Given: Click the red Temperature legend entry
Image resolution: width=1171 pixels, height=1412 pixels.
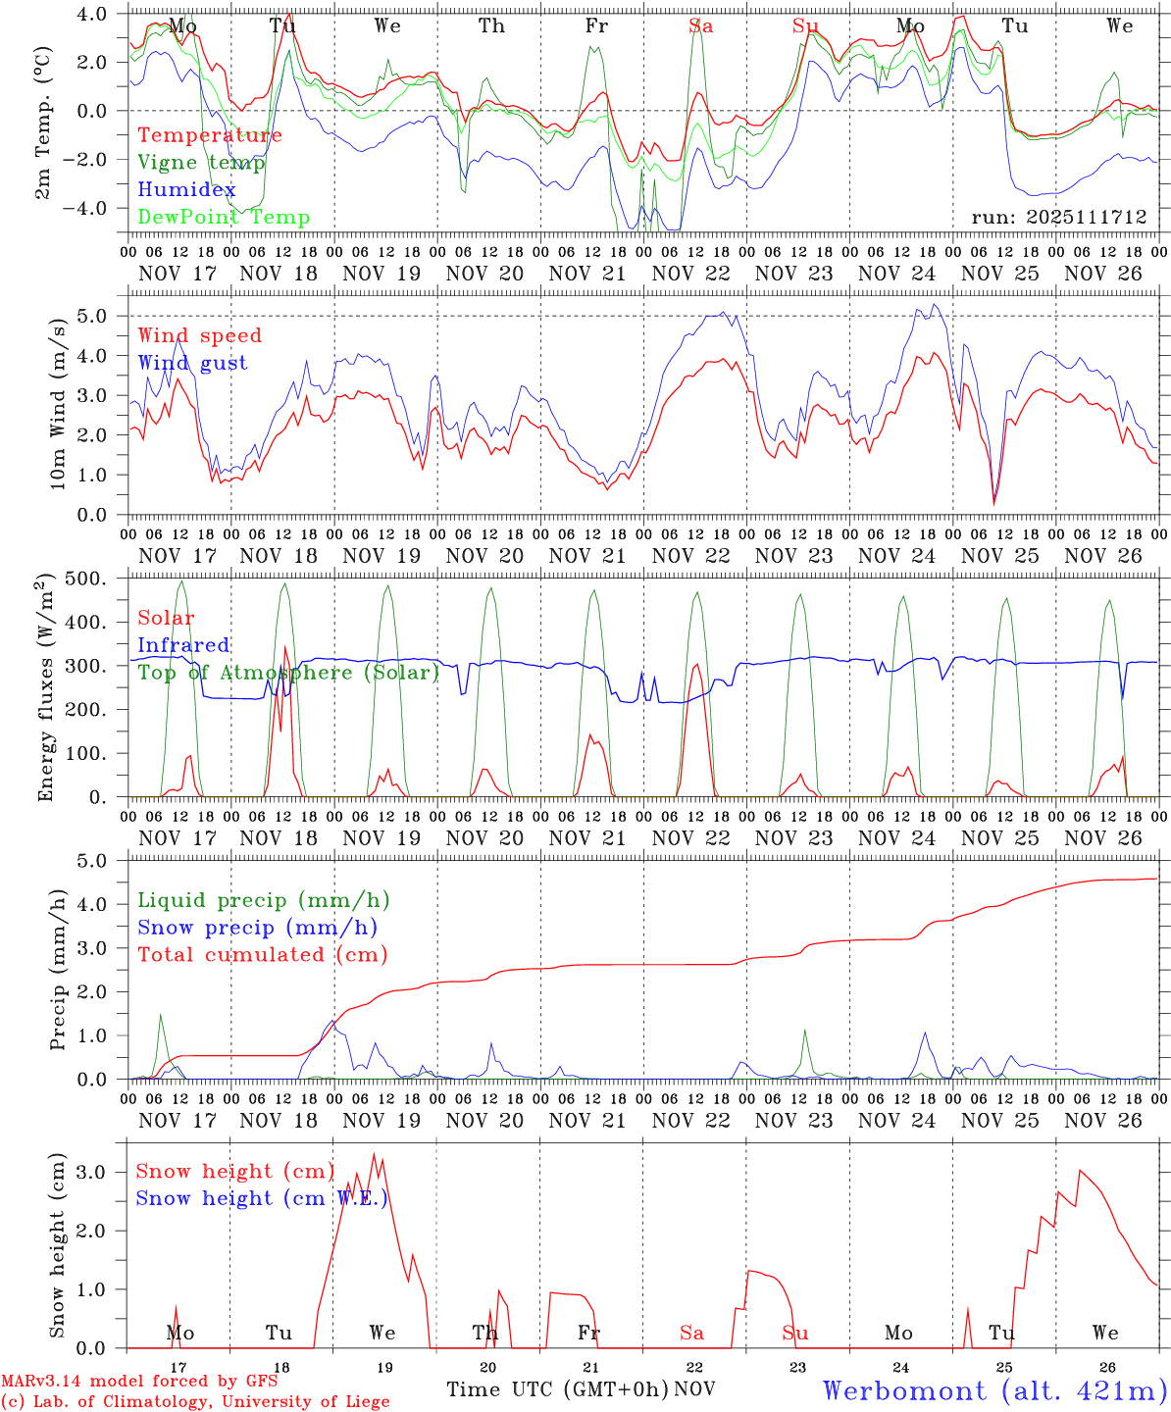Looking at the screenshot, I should click(210, 135).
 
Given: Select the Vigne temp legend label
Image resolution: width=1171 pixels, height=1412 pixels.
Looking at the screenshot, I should click(201, 163).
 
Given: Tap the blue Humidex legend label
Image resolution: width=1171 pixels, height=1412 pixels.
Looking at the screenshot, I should click(186, 190).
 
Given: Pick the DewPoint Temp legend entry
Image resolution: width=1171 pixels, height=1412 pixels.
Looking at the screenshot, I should click(224, 218).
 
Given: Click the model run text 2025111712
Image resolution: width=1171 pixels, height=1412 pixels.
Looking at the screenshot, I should click(1059, 218).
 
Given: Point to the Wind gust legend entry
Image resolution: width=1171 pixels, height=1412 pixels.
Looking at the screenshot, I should click(192, 363).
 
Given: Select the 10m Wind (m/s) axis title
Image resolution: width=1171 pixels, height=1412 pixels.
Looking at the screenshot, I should click(57, 403).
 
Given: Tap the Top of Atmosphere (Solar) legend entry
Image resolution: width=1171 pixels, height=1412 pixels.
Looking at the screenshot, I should click(288, 673).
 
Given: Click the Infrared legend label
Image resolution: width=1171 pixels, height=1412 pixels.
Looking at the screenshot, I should click(183, 645).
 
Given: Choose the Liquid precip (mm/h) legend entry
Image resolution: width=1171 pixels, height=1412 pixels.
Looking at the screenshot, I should click(264, 900).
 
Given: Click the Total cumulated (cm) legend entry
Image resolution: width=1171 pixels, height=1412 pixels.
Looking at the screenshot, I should click(263, 955).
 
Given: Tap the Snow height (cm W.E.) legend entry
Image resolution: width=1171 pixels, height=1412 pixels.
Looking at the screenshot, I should click(262, 1198).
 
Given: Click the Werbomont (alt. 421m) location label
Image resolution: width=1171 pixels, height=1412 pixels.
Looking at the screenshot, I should click(994, 1390).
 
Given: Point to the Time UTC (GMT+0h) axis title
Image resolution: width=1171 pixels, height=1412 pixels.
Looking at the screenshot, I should click(558, 1389).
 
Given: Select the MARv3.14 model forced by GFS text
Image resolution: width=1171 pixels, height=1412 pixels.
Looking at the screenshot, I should click(139, 1382).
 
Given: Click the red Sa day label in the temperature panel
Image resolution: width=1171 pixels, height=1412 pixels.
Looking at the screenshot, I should click(700, 26).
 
